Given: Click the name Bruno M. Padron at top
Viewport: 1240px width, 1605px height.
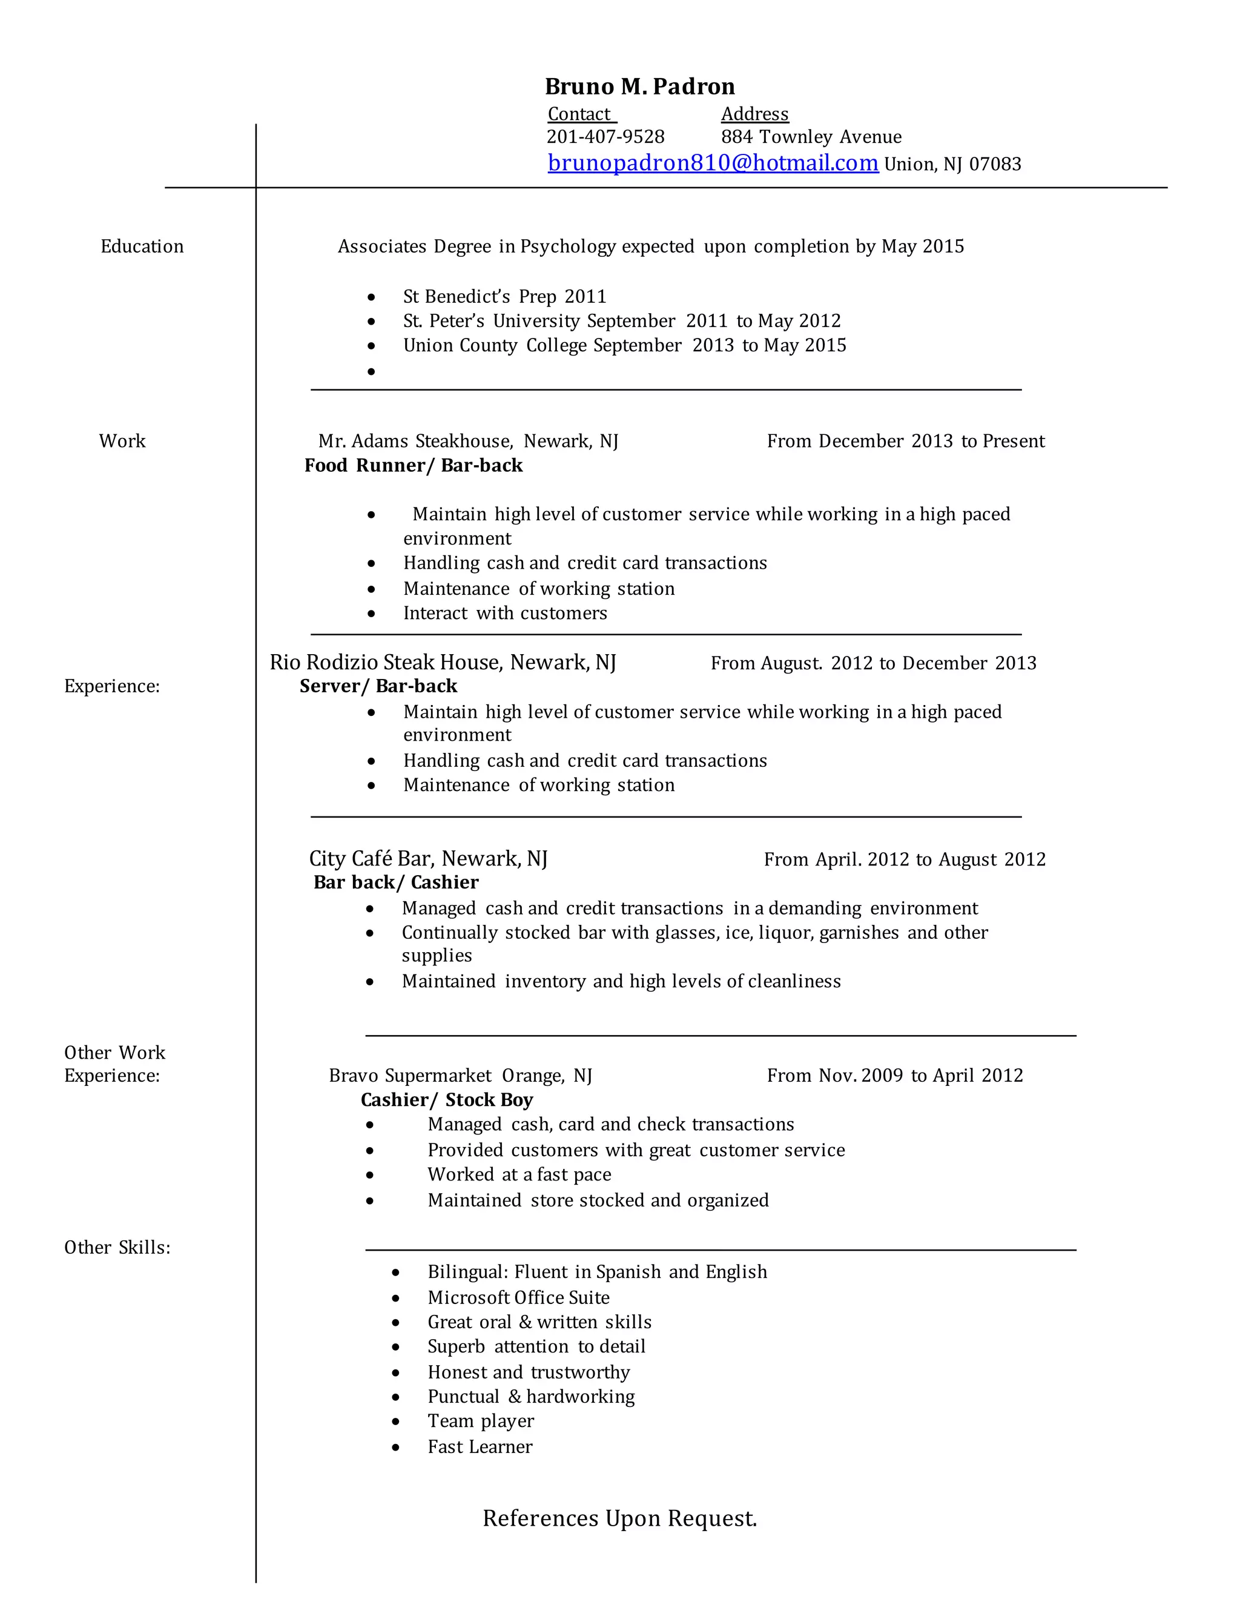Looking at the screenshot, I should pyautogui.click(x=639, y=87).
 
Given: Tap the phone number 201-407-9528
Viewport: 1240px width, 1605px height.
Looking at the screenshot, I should pyautogui.click(x=605, y=137).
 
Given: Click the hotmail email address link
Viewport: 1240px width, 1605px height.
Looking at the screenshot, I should pyautogui.click(x=713, y=162).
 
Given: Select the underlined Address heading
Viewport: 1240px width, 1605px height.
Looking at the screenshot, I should pyautogui.click(x=754, y=114).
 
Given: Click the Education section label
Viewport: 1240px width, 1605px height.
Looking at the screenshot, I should pyautogui.click(x=142, y=246).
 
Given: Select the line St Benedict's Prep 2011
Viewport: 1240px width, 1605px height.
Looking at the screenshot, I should pyautogui.click(x=505, y=297).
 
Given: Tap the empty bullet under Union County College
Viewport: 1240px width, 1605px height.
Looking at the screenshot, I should pyautogui.click(x=371, y=372).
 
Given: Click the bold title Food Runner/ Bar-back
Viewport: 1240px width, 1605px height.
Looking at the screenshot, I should pyautogui.click(x=414, y=465).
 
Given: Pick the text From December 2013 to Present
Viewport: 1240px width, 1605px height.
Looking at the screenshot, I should pyautogui.click(x=905, y=441).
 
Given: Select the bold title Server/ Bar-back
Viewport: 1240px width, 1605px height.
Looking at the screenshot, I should pyautogui.click(x=378, y=686).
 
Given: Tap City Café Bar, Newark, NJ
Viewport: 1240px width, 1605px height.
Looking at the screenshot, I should pyautogui.click(x=428, y=858).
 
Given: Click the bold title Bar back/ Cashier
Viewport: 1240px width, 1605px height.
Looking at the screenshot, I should pyautogui.click(x=396, y=882).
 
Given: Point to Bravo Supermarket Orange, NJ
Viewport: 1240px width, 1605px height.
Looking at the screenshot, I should pyautogui.click(x=461, y=1076).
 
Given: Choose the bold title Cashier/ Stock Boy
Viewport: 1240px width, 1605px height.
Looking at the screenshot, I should pyautogui.click(x=447, y=1099).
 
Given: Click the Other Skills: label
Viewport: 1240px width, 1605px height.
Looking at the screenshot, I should pyautogui.click(x=117, y=1247).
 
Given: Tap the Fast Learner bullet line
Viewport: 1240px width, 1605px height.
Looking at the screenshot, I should pyautogui.click(x=480, y=1446).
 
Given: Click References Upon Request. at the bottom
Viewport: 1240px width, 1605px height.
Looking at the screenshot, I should pyautogui.click(x=619, y=1518).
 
